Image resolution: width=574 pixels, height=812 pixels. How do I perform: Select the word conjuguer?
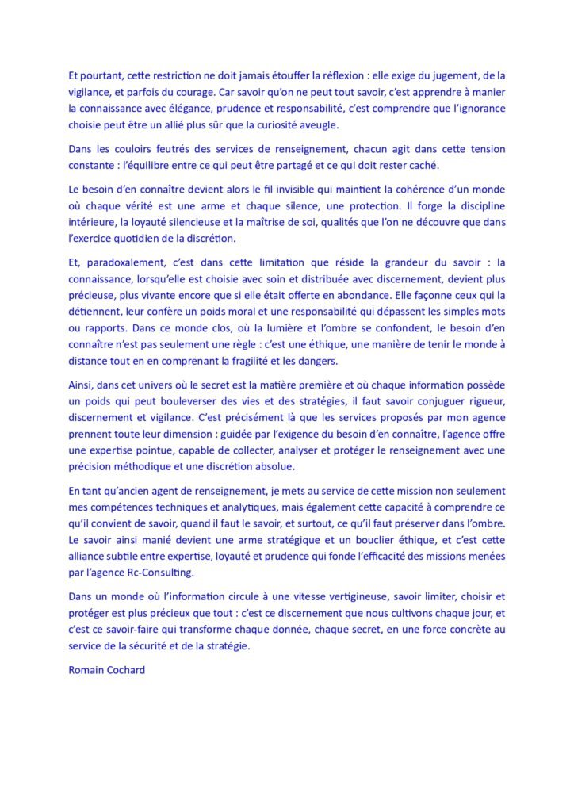[x=431, y=404]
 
